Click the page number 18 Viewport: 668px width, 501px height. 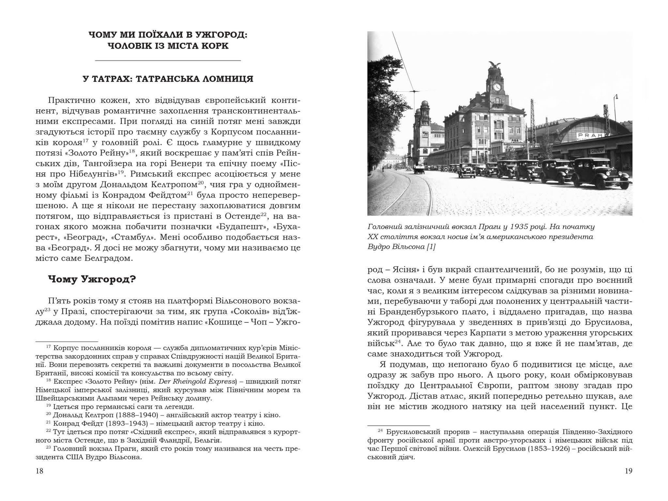[x=39, y=471]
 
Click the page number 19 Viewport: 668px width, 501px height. [x=628, y=471]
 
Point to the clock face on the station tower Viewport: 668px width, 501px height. [x=497, y=87]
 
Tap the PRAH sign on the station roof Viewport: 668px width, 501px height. [x=588, y=135]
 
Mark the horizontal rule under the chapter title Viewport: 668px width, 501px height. [x=168, y=61]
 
